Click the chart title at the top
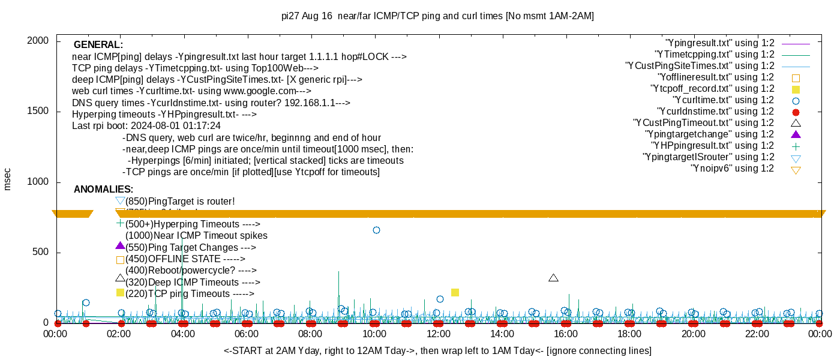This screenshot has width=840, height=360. pos(437,16)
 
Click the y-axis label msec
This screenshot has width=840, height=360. pos(7,178)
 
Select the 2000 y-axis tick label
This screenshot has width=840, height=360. pos(39,41)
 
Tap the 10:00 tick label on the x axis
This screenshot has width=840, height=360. pos(374,334)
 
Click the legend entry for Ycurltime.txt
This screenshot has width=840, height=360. pos(723,100)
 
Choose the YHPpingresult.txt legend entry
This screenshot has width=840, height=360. pos(713,146)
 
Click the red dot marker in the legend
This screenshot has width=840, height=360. pos(796,112)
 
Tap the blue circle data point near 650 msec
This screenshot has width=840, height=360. pos(376,230)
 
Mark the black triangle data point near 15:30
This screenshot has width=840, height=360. pos(553,278)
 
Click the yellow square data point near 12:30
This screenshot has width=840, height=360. pos(455,292)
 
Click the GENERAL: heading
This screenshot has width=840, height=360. pos(98,45)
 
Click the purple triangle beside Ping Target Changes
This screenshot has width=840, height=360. pos(120,245)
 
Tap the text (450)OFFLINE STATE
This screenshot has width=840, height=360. pos(185,259)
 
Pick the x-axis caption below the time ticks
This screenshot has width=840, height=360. pos(437,350)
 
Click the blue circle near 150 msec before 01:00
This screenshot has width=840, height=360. pos(86,303)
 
